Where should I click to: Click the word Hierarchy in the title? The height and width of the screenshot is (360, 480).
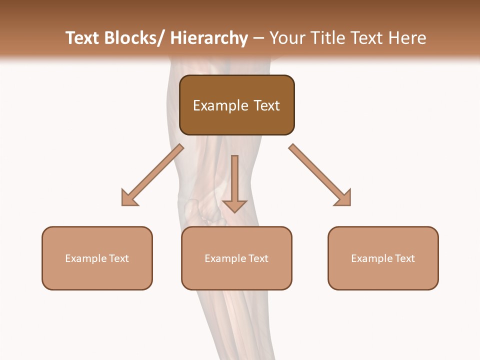(x=209, y=38)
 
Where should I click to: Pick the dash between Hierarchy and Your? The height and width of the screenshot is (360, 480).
(x=258, y=39)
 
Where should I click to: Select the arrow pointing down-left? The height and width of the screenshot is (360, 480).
(x=150, y=177)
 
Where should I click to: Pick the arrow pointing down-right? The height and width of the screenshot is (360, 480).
(x=321, y=175)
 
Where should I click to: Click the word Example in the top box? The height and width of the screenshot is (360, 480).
(x=220, y=105)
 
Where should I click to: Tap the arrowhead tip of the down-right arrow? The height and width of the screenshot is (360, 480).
(x=349, y=204)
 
